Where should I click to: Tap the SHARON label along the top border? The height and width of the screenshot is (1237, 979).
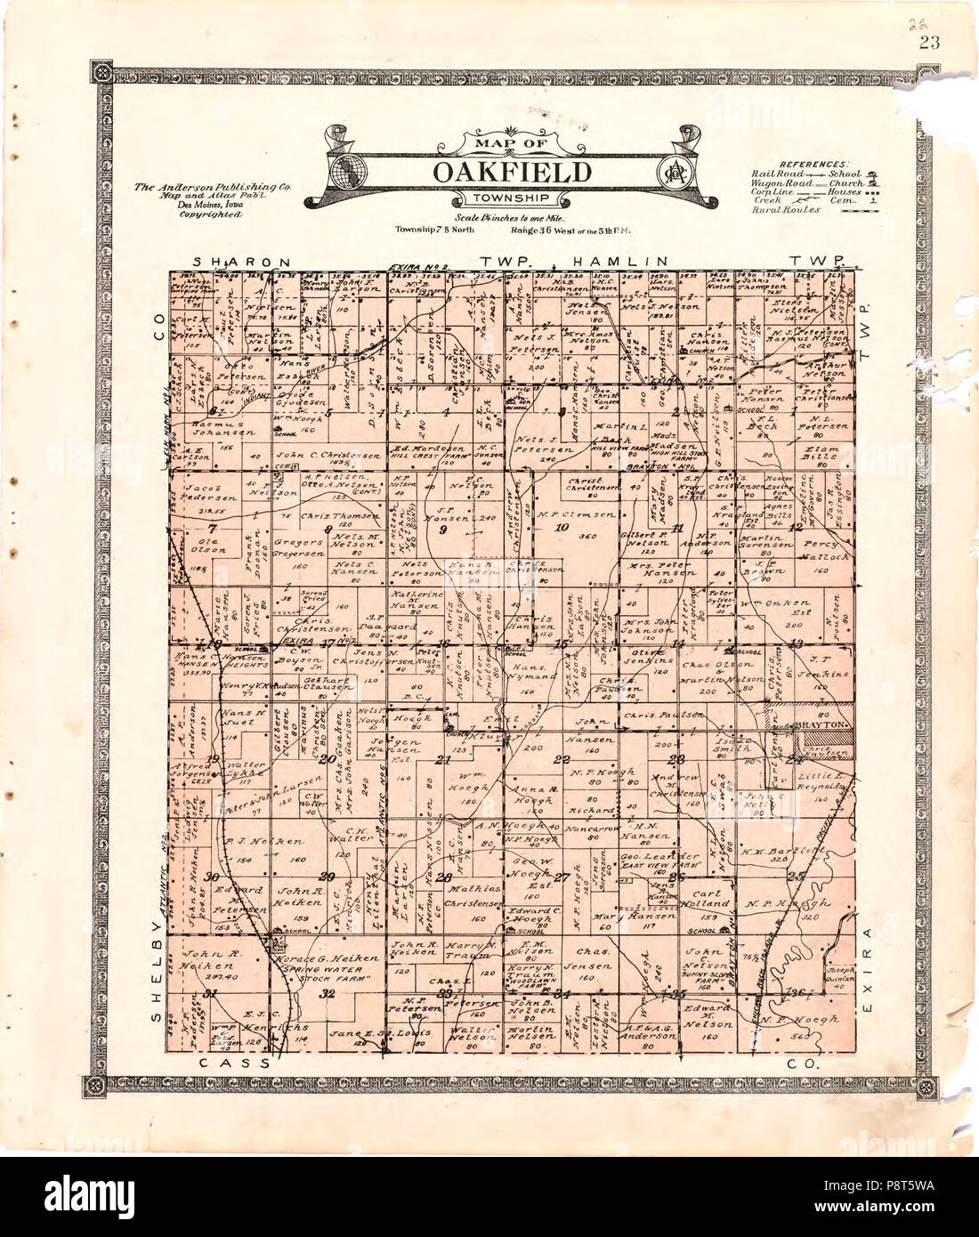[242, 263]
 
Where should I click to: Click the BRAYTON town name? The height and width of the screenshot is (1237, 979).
[821, 726]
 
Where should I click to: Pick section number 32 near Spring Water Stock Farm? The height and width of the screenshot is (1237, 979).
[328, 993]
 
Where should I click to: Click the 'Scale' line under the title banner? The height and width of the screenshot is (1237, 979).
[505, 218]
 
